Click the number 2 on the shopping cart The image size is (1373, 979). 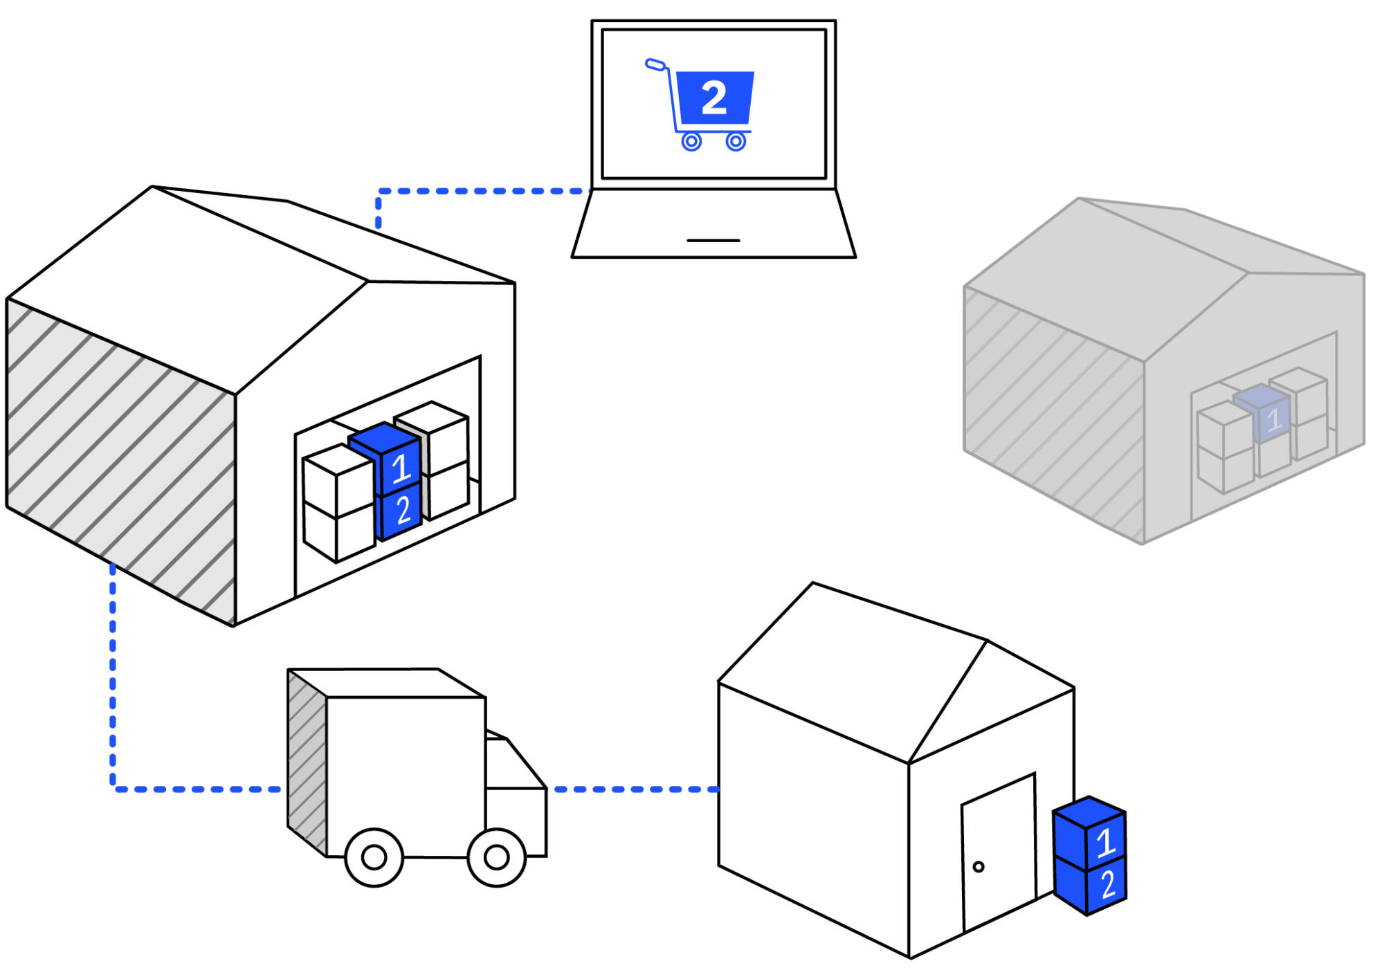tap(714, 98)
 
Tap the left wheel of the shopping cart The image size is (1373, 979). tap(691, 142)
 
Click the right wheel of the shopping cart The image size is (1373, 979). tap(736, 142)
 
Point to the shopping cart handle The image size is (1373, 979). tap(655, 64)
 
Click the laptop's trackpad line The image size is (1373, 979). tap(713, 241)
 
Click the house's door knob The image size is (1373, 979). tap(979, 867)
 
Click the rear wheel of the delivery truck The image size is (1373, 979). tap(374, 858)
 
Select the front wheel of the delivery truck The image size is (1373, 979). tap(497, 858)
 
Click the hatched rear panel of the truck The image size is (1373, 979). tap(307, 765)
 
